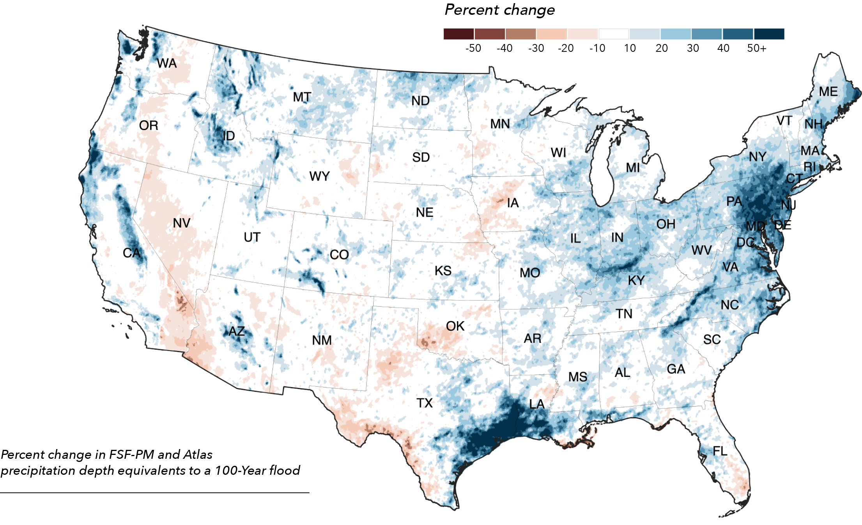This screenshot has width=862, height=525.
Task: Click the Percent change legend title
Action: tap(499, 10)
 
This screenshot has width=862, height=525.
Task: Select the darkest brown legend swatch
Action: tap(458, 34)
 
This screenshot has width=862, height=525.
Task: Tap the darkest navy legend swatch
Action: tap(769, 34)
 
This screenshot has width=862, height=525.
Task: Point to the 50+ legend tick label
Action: tap(756, 48)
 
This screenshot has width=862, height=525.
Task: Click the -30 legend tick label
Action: tap(536, 48)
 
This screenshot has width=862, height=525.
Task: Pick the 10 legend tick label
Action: tap(630, 48)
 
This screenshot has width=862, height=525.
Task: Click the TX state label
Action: tap(425, 403)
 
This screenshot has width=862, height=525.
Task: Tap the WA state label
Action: tap(166, 63)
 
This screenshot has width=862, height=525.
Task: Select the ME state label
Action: tap(828, 92)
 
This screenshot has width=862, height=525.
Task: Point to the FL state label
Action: tap(720, 451)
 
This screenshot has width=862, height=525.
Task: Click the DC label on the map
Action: tap(745, 242)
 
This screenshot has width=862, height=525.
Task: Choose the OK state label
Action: tap(455, 326)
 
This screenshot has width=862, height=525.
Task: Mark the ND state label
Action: tap(420, 101)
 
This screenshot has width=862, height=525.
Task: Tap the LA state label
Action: tap(536, 404)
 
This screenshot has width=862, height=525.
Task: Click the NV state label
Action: tap(182, 223)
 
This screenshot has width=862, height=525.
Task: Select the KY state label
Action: tap(636, 280)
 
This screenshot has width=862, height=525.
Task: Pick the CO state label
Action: tap(339, 255)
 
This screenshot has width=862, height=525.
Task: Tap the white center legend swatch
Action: tap(614, 34)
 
